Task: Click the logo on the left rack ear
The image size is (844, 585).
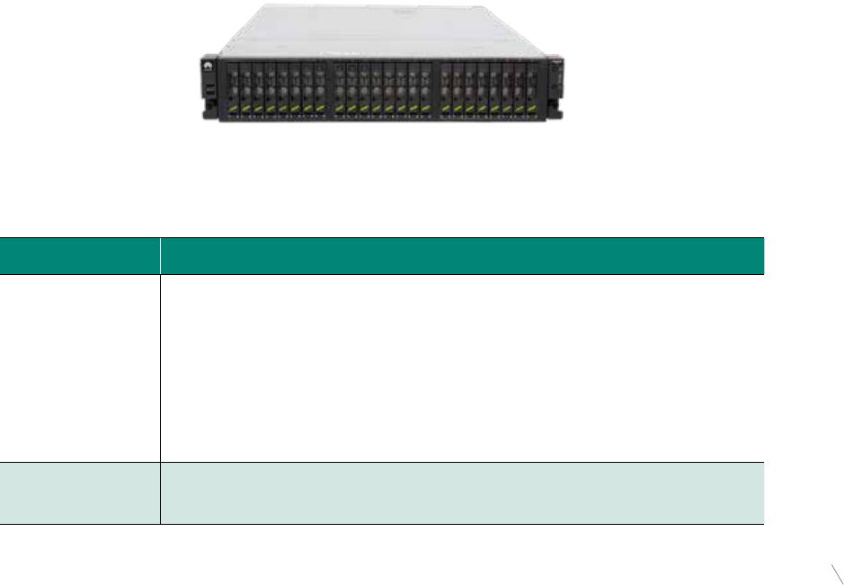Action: [206, 65]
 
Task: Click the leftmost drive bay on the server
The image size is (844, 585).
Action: [235, 90]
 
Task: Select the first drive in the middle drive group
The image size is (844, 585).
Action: [340, 90]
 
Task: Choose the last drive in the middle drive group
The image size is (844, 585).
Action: [425, 90]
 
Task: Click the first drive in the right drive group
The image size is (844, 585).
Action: [446, 90]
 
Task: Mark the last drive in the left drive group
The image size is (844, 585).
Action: [319, 90]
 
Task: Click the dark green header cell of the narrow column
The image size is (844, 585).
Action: [80, 255]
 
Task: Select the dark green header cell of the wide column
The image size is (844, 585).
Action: [462, 255]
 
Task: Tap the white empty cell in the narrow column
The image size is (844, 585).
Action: [80, 368]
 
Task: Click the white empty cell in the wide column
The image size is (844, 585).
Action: [462, 368]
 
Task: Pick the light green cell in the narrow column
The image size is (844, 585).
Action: [80, 493]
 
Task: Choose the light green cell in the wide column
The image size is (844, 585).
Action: [462, 493]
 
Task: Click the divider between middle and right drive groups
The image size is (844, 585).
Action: [436, 90]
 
